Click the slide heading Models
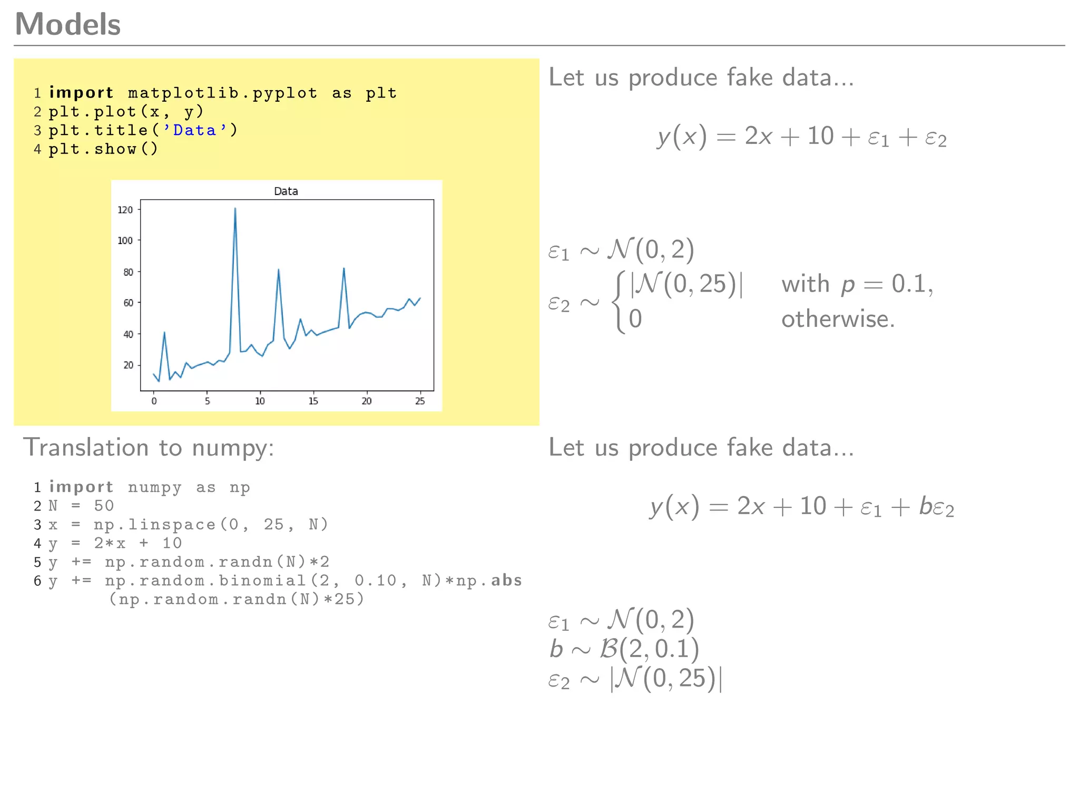68,24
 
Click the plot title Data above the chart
286,191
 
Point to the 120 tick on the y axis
125,210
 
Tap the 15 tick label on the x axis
313,401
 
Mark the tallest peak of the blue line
235,208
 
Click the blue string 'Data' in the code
194,130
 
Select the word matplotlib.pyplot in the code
222,93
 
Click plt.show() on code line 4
103,149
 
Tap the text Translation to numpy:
149,448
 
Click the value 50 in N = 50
104,506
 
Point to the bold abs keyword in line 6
506,581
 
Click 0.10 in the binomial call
375,581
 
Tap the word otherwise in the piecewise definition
838,319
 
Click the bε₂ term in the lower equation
936,507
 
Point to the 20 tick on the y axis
128,365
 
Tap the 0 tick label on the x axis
154,401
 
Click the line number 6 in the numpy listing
37,581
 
